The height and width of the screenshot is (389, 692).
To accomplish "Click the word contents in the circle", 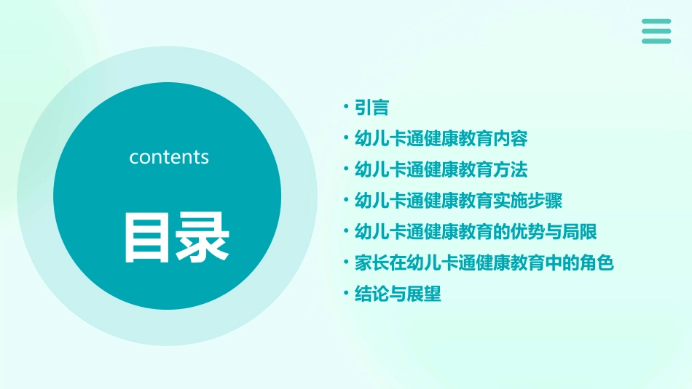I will click(169, 157).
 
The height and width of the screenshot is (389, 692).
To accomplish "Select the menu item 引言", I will click(371, 108).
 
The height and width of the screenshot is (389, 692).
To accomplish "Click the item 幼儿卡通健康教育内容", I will click(441, 139).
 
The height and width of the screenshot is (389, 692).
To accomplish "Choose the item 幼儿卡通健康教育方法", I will click(441, 170).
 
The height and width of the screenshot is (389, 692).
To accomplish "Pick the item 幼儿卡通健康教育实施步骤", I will click(458, 201).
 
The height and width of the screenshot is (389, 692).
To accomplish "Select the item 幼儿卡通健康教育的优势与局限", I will click(476, 232).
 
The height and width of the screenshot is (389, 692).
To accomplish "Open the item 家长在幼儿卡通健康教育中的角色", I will click(484, 263).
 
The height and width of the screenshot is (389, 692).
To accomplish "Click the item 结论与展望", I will click(398, 294).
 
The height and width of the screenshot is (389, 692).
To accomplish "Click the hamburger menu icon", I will click(656, 31).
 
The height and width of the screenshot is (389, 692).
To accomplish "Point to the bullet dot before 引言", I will click(346, 108).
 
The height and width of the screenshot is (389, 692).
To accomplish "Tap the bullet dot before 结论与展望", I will click(346, 294).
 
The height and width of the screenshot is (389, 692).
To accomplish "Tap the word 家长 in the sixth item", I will click(371, 263).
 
